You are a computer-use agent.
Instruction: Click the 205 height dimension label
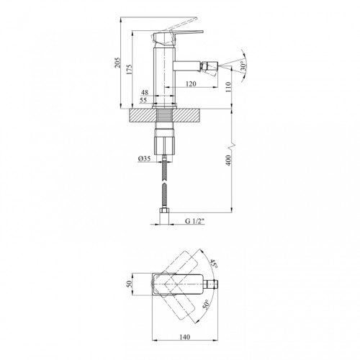point(117,63)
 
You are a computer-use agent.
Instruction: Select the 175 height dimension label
point(130,69)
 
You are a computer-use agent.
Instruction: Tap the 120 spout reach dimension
point(191,84)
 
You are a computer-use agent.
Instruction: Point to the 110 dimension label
point(228,87)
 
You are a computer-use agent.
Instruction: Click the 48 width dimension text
point(145,92)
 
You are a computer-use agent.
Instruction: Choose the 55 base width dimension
point(143,100)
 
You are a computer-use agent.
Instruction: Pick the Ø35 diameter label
point(144,158)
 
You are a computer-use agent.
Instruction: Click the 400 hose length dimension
point(228,161)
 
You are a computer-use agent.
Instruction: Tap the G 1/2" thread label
point(194,221)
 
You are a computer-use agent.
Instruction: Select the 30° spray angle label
point(243,66)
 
